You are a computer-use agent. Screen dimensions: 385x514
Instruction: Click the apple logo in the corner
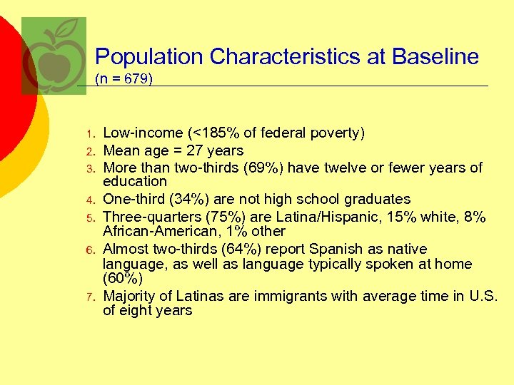coord(54,56)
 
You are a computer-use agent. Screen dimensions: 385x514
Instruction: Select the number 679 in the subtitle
coord(136,79)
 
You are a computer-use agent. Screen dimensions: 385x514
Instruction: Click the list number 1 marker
coord(90,134)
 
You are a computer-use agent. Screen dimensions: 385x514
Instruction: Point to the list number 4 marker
coord(90,200)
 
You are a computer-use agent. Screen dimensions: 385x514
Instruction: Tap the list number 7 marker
coord(90,297)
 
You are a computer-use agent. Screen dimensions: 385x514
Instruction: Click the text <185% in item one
coord(213,133)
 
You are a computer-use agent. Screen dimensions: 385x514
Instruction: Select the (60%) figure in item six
coord(123,279)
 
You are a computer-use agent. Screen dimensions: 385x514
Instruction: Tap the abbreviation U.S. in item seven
coord(483,296)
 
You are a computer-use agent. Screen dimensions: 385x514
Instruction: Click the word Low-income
coord(143,133)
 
